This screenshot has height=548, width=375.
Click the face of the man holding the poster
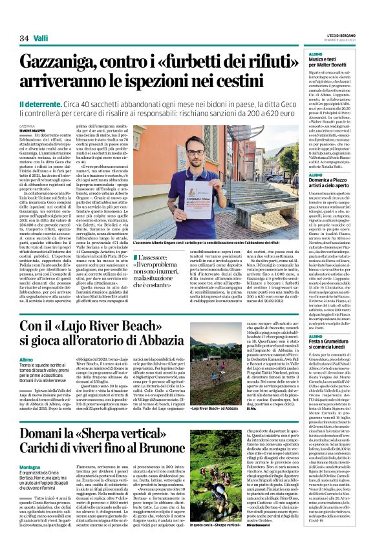(214, 176)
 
